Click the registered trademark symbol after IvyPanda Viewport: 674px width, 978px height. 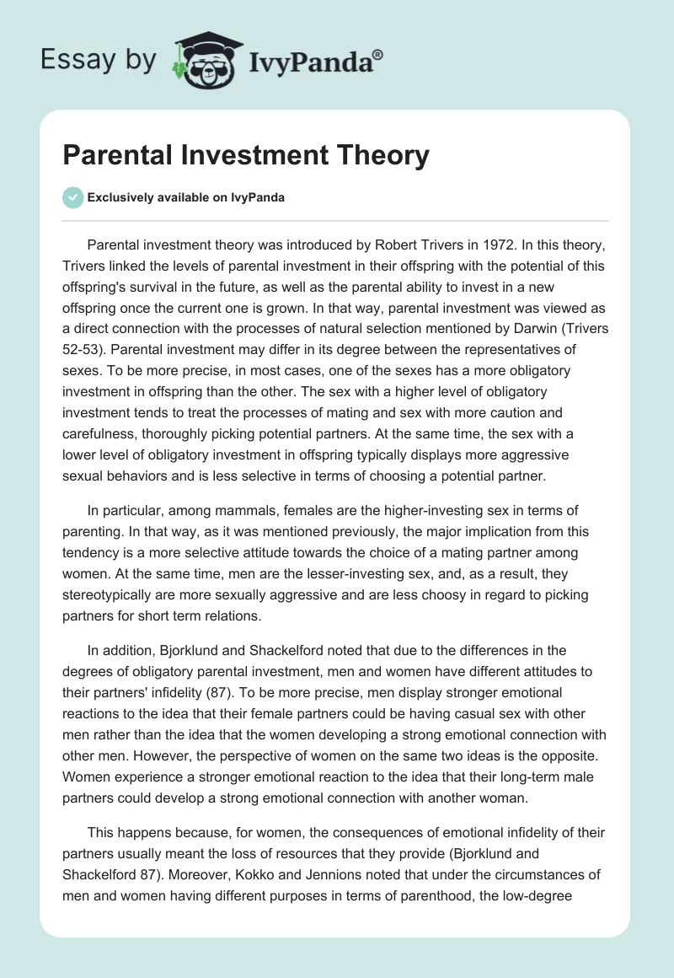pos(378,54)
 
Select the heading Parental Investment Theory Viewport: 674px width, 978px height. pos(246,156)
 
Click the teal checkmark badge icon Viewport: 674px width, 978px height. pos(72,197)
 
